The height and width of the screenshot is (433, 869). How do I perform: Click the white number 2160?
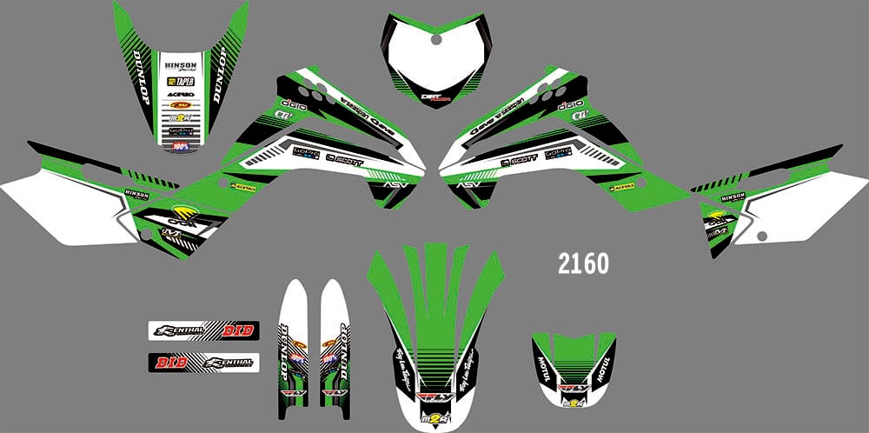tap(584, 263)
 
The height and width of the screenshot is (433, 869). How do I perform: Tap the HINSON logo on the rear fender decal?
tap(180, 63)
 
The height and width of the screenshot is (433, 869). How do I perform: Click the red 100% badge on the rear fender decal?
tap(181, 146)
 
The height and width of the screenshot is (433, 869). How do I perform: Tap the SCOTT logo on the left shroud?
tap(345, 158)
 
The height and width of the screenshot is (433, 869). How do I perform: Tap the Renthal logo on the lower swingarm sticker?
tap(229, 361)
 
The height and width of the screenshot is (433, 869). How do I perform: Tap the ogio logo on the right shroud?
tap(570, 103)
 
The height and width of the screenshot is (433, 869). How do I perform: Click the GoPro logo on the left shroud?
tap(305, 153)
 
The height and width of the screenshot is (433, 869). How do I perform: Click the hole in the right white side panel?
tap(760, 236)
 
